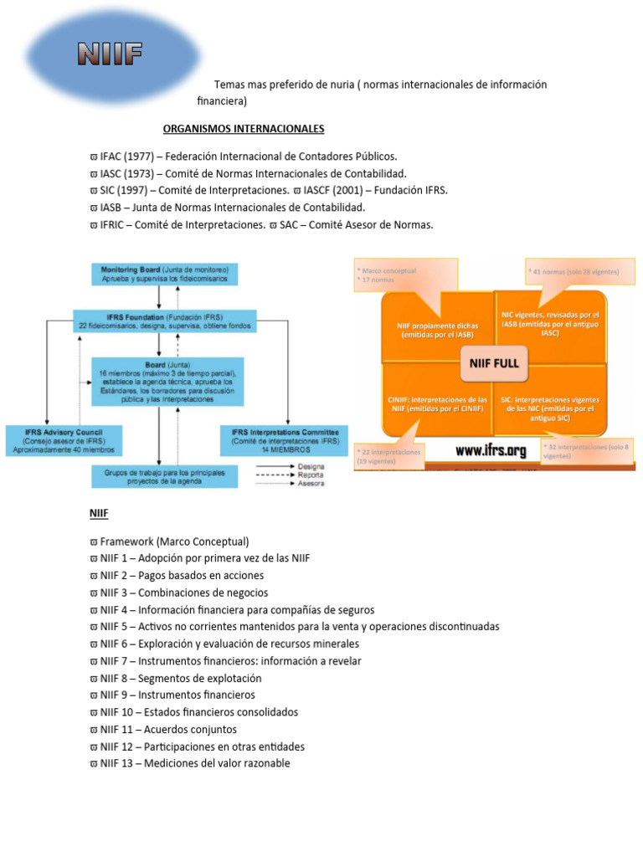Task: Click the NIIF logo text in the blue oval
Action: (110, 56)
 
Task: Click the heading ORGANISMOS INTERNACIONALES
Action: (243, 128)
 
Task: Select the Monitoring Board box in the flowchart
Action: (165, 274)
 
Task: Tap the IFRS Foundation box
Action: (164, 320)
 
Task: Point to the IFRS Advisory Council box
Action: (64, 440)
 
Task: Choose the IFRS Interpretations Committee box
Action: (284, 440)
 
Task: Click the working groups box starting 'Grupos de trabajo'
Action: (164, 476)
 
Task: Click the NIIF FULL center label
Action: (494, 362)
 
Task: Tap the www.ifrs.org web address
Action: (491, 450)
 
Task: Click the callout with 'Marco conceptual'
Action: (406, 275)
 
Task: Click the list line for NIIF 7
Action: (225, 661)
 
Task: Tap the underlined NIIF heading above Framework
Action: (99, 513)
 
